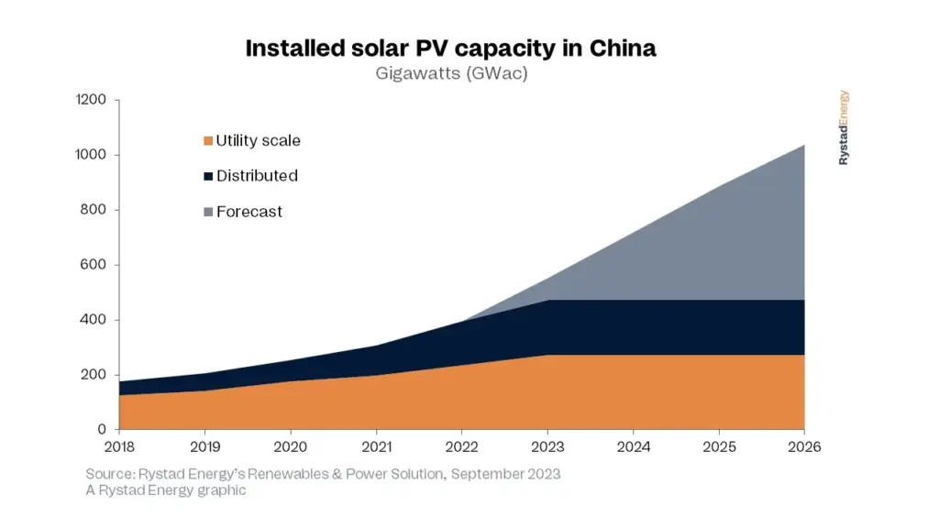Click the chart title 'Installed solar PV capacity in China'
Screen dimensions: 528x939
450,49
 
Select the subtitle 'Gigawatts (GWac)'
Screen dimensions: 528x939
451,74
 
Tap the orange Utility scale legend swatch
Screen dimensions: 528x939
208,141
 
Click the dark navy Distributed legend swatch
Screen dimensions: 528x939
208,176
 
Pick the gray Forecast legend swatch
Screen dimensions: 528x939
208,212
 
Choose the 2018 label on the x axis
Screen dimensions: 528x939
119,447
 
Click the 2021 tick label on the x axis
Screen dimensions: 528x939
376,447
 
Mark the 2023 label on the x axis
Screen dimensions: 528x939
547,447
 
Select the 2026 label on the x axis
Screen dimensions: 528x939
804,447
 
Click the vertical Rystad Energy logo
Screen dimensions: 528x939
844,127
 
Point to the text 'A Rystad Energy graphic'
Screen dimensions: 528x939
166,490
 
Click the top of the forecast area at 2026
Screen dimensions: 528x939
803,146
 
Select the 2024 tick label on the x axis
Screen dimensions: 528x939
633,447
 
